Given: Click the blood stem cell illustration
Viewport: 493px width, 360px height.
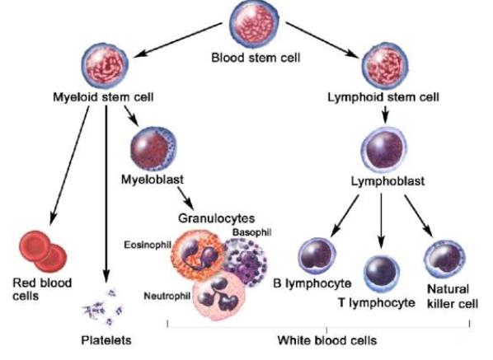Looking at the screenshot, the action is pos(254,24).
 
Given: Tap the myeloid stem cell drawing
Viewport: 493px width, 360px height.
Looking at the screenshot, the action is pos(105,66).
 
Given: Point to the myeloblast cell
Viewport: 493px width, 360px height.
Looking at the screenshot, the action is pos(153,148).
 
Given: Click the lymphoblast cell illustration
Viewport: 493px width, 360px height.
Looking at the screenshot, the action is pos(383,149).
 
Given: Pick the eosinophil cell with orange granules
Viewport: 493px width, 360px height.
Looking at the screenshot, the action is pos(198,255).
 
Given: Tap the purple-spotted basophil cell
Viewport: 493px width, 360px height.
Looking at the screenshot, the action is pos(246,263).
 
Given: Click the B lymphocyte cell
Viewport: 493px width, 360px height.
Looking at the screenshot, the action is pos(317,256).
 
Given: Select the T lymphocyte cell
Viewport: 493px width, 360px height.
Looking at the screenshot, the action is pos(382,274).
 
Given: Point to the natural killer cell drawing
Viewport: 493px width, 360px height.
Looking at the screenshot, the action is pos(445,259).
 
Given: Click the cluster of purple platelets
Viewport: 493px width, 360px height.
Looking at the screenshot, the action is pos(103,308).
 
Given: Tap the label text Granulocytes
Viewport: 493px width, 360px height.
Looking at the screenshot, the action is pos(217,218).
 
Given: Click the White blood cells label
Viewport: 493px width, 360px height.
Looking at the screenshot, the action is pos(327,340).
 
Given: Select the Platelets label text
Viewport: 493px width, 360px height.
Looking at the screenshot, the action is pos(106,340).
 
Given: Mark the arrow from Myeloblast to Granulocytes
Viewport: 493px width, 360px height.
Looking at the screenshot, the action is pos(185,199).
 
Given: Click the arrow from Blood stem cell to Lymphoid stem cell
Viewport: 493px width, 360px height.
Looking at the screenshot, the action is pos(322,40).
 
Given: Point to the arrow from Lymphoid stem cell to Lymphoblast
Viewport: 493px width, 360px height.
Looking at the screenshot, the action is pos(385,115).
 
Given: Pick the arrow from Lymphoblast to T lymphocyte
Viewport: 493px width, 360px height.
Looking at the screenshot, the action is pos(381,221).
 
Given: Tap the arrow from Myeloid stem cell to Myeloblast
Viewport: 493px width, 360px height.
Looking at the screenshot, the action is pos(131,116).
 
